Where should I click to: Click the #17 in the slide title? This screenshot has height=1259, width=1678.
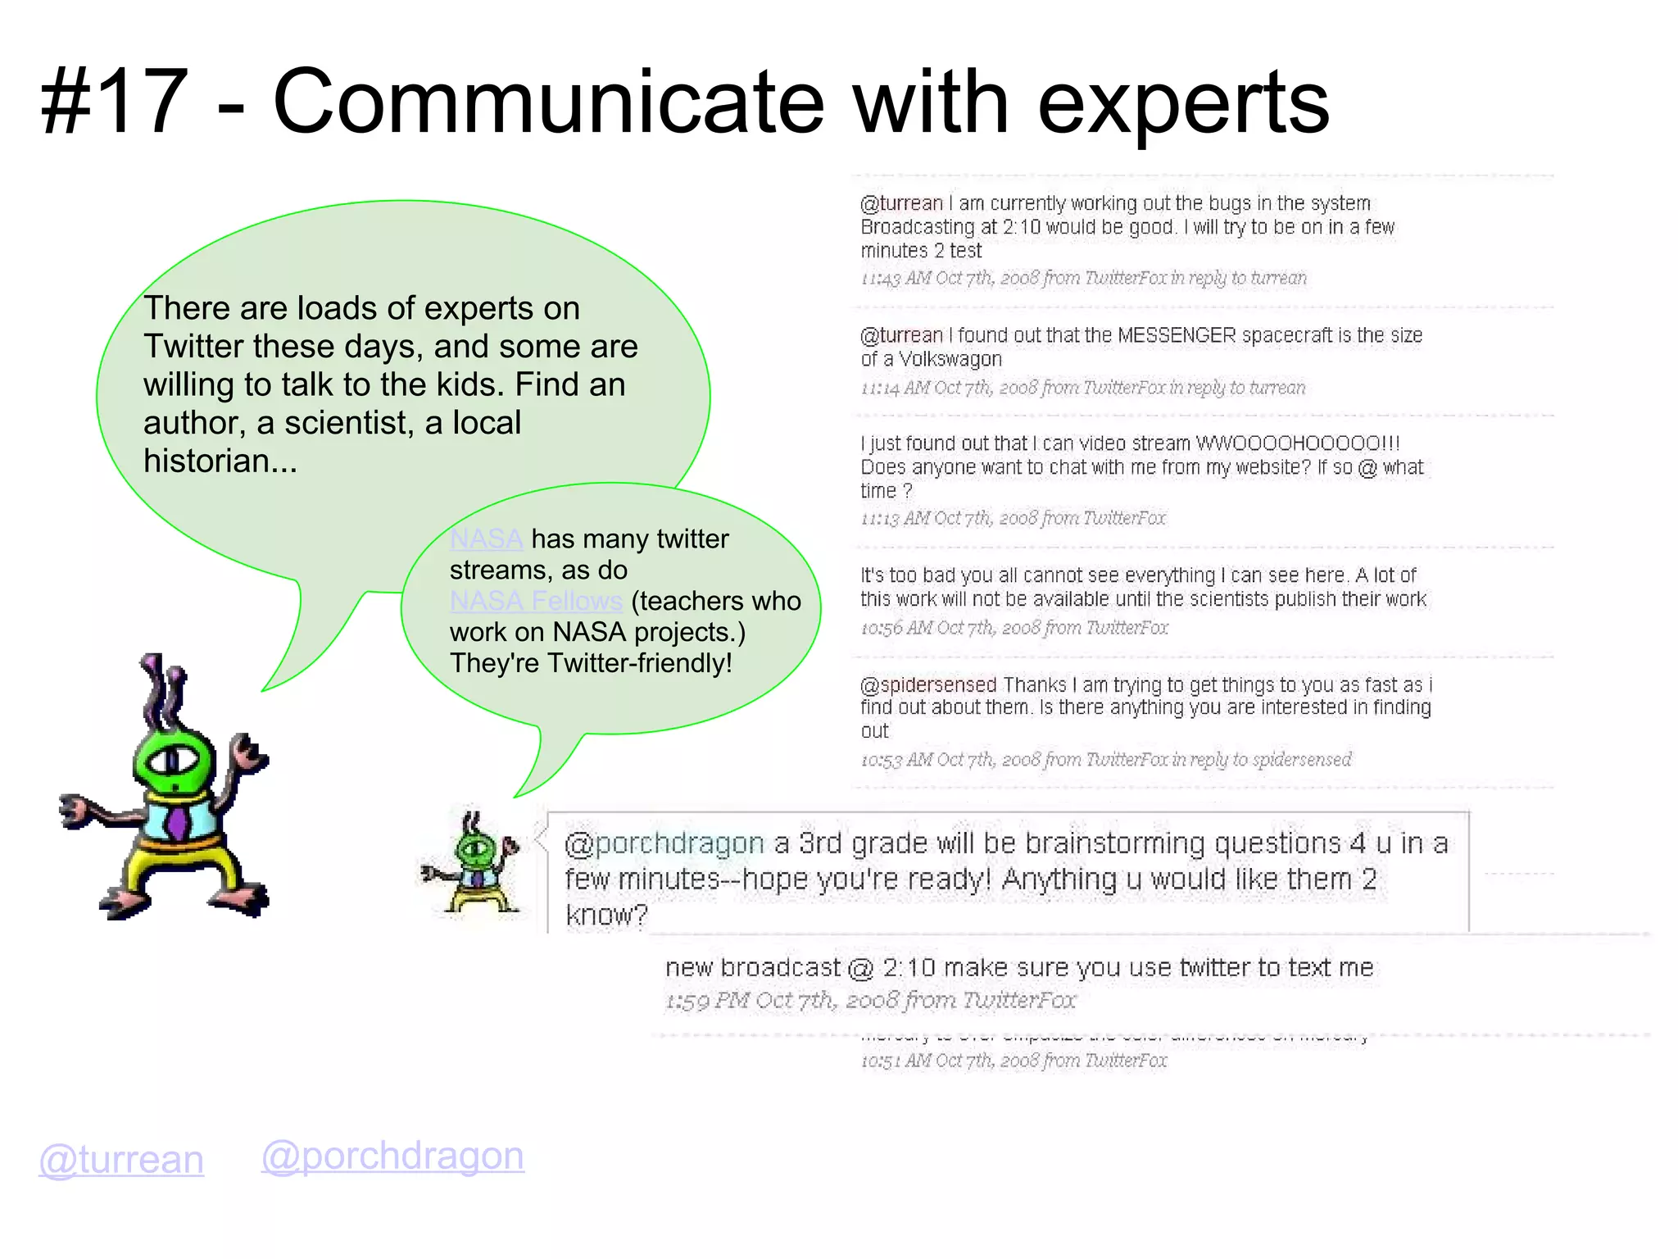tap(115, 102)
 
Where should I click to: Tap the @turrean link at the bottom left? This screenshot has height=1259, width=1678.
tap(121, 1160)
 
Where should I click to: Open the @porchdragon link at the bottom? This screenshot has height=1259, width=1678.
tap(392, 1156)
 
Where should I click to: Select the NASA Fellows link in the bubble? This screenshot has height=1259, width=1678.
tap(536, 601)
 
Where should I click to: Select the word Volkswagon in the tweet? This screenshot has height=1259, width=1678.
tap(950, 359)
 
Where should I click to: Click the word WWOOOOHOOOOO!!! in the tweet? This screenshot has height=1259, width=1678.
tap(1298, 443)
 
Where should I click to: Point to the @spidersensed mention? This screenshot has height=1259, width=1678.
tap(928, 684)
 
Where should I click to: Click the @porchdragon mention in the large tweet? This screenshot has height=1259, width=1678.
tap(664, 843)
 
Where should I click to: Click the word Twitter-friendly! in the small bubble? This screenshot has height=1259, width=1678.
tap(640, 663)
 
